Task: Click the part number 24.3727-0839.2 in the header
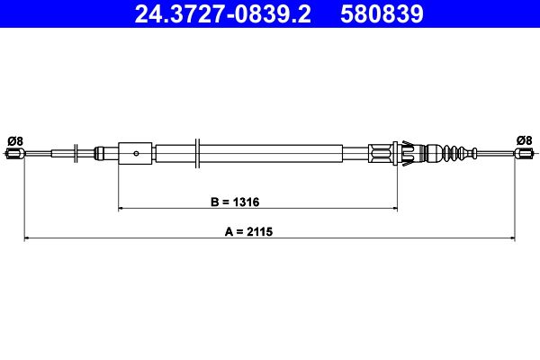[x=225, y=14]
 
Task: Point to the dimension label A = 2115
[x=248, y=231]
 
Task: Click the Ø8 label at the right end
[x=524, y=139]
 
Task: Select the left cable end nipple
[x=13, y=154]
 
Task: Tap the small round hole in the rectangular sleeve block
[x=135, y=153]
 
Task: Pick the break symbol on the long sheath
[x=197, y=152]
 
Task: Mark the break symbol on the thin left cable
[x=75, y=153]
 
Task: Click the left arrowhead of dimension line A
[x=26, y=238]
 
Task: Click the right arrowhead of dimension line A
[x=511, y=238]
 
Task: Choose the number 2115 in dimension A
[x=260, y=231]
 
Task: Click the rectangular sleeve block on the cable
[x=136, y=153]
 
